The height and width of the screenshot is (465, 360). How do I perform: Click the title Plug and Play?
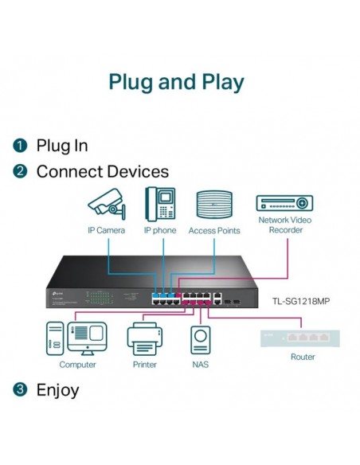coord(176,82)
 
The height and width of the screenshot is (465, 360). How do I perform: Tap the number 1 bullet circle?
coord(20,146)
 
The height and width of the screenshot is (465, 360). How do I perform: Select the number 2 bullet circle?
coord(20,171)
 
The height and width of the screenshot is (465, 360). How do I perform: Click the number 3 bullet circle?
coord(20,389)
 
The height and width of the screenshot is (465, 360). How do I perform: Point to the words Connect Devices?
coord(103,171)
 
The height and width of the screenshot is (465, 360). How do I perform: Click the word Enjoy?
coord(58,389)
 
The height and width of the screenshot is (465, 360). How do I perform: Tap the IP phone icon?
coord(160,203)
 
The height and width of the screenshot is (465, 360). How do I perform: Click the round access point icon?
coord(214,204)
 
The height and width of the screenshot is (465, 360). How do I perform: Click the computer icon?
coord(77,338)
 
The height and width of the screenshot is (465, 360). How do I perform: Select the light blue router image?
coord(302,338)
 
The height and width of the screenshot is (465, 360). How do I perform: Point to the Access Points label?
coord(214,230)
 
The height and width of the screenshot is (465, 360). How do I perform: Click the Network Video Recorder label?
coord(284,225)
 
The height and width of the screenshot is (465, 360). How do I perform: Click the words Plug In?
coord(62,146)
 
